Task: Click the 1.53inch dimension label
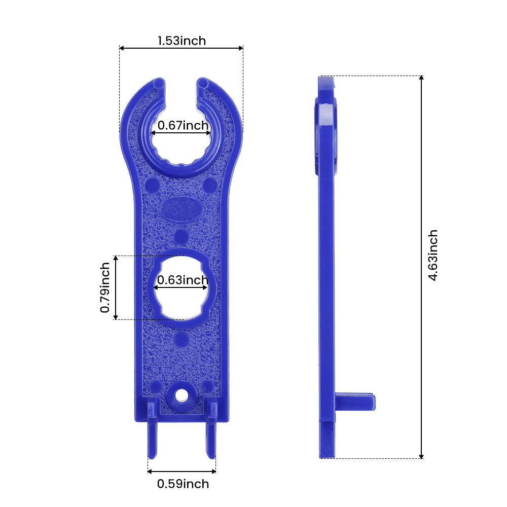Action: (x=182, y=41)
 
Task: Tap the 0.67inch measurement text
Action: (x=183, y=125)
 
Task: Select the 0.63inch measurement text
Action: (x=183, y=280)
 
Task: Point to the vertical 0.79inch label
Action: (x=105, y=287)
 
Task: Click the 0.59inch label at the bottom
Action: (x=183, y=484)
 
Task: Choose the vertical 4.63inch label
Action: (x=432, y=256)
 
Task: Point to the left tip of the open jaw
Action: (x=159, y=82)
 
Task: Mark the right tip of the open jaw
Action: (x=203, y=82)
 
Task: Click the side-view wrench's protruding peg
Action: (x=356, y=402)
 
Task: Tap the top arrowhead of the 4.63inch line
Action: (x=421, y=78)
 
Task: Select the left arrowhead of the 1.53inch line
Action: (x=122, y=48)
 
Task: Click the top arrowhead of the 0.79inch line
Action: (x=116, y=259)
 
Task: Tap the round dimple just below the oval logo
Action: (x=181, y=236)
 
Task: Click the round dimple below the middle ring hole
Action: (x=181, y=339)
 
